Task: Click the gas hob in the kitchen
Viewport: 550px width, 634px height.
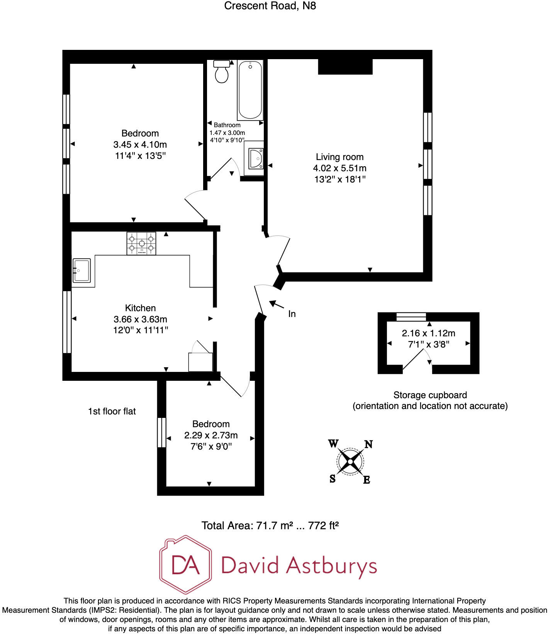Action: (x=141, y=243)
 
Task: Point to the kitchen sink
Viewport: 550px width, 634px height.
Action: (x=81, y=270)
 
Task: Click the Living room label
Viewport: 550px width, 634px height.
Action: (x=340, y=157)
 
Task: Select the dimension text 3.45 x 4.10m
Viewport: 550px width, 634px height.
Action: (x=140, y=145)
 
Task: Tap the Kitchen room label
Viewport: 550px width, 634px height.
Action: (x=140, y=308)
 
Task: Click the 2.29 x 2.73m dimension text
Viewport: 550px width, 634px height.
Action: (x=211, y=435)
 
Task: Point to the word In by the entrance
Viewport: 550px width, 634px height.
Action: (x=292, y=314)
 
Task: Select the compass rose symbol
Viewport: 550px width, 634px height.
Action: (x=350, y=461)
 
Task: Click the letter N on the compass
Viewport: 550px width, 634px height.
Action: (x=369, y=445)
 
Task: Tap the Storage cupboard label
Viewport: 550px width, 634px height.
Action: (x=430, y=395)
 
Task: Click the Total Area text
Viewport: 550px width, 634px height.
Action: (x=270, y=526)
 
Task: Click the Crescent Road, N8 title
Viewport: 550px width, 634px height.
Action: (x=270, y=6)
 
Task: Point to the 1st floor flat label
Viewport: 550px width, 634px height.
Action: (x=112, y=411)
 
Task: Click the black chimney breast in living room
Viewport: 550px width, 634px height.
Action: (x=345, y=66)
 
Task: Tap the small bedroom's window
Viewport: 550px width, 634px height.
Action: (x=161, y=432)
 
